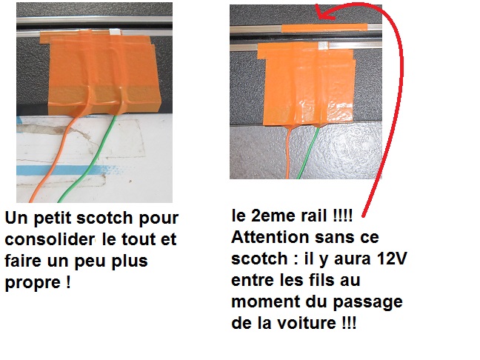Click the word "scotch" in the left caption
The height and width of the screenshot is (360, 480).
(x=105, y=218)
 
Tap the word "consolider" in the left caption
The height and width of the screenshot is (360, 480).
(x=50, y=239)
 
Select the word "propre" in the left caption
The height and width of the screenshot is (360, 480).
(x=33, y=283)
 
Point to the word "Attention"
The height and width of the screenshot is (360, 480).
(x=270, y=237)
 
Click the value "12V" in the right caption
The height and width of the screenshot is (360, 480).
(x=392, y=259)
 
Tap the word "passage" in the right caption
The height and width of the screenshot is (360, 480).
(x=367, y=302)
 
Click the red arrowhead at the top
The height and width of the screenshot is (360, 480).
(x=323, y=12)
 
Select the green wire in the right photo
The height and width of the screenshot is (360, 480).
(x=308, y=153)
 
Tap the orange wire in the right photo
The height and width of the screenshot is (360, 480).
(x=287, y=153)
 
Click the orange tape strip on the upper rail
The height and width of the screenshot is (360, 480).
(x=324, y=27)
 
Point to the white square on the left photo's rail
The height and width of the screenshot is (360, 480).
(x=115, y=31)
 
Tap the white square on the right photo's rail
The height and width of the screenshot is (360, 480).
(x=324, y=45)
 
